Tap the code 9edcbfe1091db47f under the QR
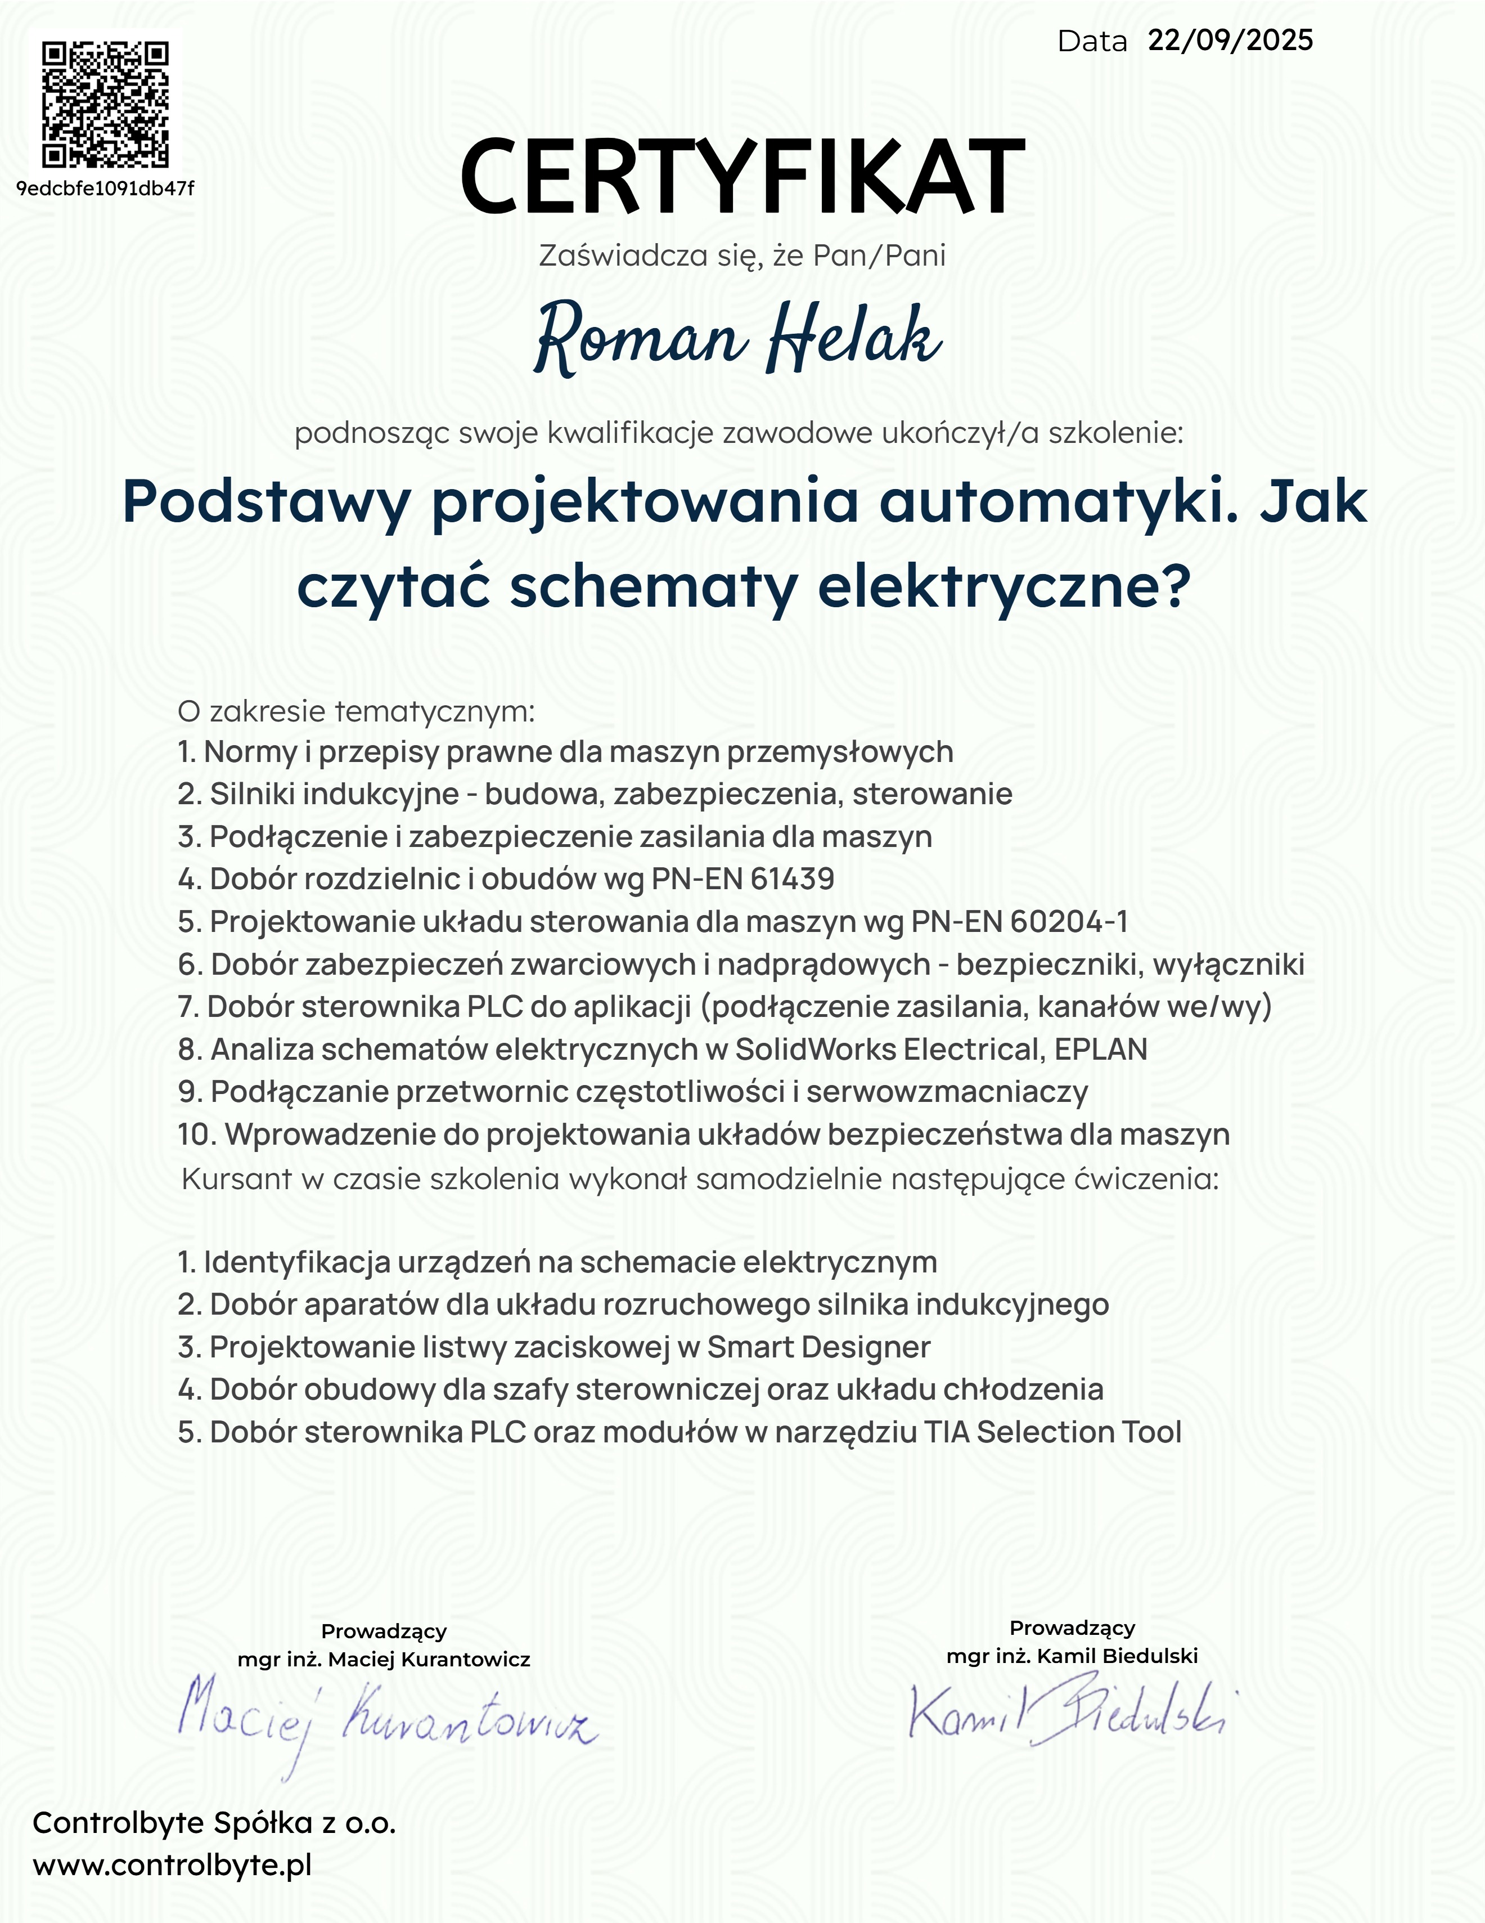[x=106, y=189]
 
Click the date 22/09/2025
[x=1230, y=41]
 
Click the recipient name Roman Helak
[x=737, y=338]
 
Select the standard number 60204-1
[x=1069, y=921]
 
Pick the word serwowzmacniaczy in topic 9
[x=947, y=1092]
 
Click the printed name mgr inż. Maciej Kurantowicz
[x=384, y=1660]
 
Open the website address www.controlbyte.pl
[x=173, y=1865]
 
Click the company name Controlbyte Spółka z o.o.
[x=214, y=1823]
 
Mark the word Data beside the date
[x=1091, y=42]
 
